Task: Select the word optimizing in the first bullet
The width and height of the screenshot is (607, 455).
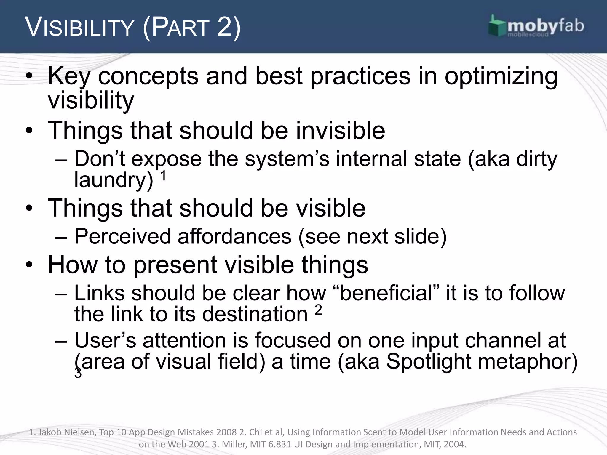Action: [501, 76]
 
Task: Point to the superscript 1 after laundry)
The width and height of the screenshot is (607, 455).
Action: [163, 176]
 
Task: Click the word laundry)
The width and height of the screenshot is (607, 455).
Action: [114, 180]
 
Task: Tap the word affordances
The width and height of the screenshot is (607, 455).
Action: [234, 236]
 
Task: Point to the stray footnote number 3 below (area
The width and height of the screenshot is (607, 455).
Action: [78, 374]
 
